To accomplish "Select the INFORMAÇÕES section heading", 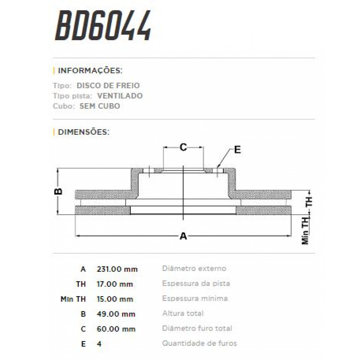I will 90,71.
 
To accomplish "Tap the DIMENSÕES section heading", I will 83,132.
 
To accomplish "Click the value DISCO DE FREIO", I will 108,85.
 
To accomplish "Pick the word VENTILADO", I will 120,96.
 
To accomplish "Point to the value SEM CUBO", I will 100,106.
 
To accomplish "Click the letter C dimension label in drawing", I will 183,147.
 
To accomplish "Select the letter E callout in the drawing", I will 237,150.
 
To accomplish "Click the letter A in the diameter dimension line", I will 183,236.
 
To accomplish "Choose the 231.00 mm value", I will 117,269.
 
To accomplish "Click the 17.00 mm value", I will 114,284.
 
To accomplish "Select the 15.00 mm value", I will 115,299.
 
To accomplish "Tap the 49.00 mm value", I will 116,314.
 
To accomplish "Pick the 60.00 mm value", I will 116,329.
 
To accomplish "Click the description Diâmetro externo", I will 194,268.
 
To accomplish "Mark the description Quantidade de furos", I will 199,343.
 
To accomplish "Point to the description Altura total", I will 183,313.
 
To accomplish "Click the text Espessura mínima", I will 195,298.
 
